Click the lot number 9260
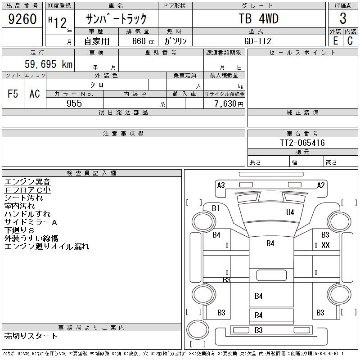pyautogui.click(x=22, y=19)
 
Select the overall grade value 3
pyautogui.click(x=343, y=18)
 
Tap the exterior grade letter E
pyautogui.click(x=335, y=41)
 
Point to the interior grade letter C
pyautogui.click(x=350, y=41)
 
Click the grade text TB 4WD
pyautogui.click(x=258, y=18)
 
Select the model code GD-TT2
pyautogui.click(x=257, y=41)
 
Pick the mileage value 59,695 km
pyautogui.click(x=49, y=64)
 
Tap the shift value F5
pyautogui.click(x=13, y=94)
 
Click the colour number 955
pyautogui.click(x=74, y=103)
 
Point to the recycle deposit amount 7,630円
pyautogui.click(x=229, y=104)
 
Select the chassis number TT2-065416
pyautogui.click(x=302, y=143)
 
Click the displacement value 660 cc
pyautogui.click(x=143, y=41)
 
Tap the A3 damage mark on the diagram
pyautogui.click(x=221, y=185)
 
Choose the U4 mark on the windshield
pyautogui.click(x=290, y=212)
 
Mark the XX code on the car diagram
pyautogui.click(x=325, y=245)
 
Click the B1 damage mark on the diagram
pyautogui.click(x=216, y=208)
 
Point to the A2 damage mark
pyautogui.click(x=321, y=185)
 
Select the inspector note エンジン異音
pyautogui.click(x=27, y=182)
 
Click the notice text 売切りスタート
pyautogui.click(x=31, y=336)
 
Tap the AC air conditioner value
pyautogui.click(x=35, y=94)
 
